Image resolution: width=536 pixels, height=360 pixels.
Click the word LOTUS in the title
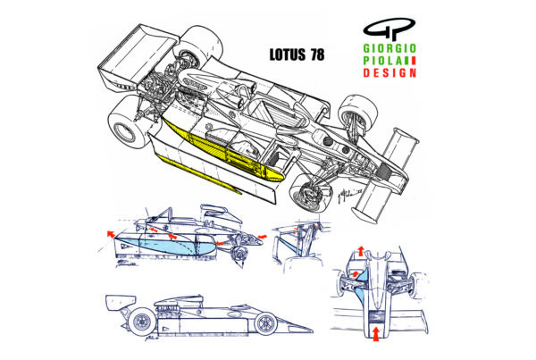click(x=289, y=54)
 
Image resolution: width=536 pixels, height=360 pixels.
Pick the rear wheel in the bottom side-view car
click(x=139, y=322)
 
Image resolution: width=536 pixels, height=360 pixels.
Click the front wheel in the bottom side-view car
click(x=265, y=322)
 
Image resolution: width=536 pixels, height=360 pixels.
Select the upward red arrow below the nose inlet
click(x=375, y=335)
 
